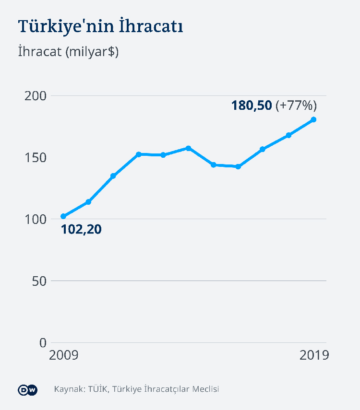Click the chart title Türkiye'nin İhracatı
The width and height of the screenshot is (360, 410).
[x=100, y=26]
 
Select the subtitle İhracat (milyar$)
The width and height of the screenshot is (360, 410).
[x=68, y=52]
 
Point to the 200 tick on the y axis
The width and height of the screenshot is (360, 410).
[x=36, y=96]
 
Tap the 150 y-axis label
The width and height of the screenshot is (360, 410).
[x=36, y=158]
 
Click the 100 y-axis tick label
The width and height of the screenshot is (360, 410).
[x=36, y=219]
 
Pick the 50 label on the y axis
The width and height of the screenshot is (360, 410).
[x=39, y=281]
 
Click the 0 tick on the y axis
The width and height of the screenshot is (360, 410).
[x=43, y=343]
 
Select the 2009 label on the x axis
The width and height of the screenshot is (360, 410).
[x=64, y=355]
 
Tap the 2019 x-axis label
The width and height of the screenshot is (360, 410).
[x=314, y=355]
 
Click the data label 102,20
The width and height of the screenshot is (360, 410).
[x=81, y=229]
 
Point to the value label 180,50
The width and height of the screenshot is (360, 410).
[x=252, y=105]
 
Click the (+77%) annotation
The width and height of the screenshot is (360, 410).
[x=296, y=105]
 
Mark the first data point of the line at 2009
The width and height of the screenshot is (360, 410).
[x=63, y=216]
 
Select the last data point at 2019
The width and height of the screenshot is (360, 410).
[x=313, y=119]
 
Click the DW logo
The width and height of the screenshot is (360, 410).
[x=28, y=389]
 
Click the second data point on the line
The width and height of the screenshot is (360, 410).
[x=88, y=202]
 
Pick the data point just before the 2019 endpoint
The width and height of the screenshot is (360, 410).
[x=288, y=135]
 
